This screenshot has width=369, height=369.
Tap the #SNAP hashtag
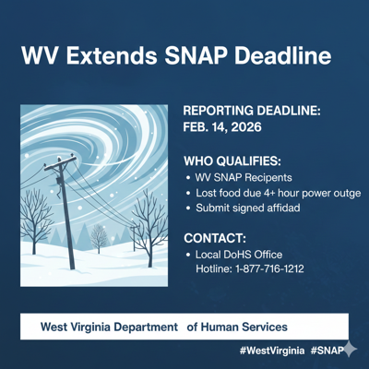327,351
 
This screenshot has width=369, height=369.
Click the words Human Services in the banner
244,327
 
